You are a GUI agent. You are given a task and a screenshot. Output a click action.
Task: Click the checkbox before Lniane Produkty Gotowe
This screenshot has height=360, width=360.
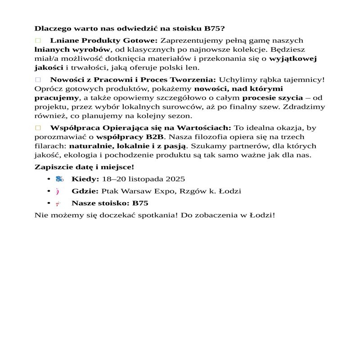[x=38, y=40]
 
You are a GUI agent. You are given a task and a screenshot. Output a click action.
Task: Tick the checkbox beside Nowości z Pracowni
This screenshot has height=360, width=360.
[x=38, y=80]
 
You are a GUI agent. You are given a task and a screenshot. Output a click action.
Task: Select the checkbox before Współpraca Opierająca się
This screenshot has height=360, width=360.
[x=38, y=128]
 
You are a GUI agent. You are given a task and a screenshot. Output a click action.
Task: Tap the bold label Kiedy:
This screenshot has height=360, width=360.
[x=85, y=179]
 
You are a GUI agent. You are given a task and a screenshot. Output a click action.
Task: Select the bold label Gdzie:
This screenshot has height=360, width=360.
[x=85, y=191]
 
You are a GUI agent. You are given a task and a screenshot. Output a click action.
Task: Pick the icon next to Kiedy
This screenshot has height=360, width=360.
[x=59, y=179]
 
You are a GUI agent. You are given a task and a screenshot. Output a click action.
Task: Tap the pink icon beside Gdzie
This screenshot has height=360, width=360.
[x=58, y=191]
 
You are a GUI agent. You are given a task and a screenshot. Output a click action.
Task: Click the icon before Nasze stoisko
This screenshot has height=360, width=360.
[x=58, y=203]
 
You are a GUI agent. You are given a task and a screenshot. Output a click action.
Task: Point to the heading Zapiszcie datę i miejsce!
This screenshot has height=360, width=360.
[x=81, y=167]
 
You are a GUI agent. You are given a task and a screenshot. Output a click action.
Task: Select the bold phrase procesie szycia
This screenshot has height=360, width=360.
[x=272, y=98]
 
